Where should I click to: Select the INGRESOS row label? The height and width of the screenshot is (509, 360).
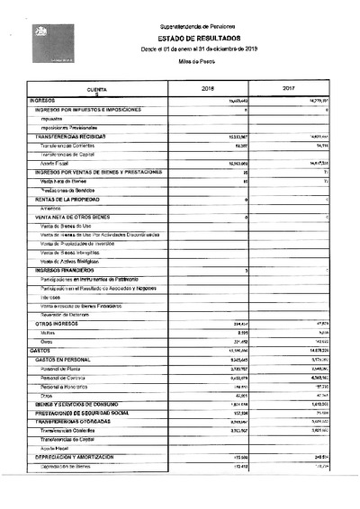[44, 101]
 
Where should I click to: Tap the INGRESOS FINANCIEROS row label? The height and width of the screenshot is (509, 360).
[67, 270]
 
